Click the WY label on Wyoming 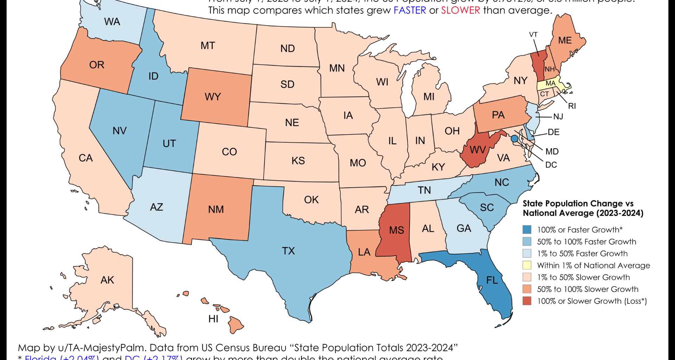tap(213, 97)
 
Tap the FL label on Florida tap(492, 280)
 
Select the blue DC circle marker tap(514, 139)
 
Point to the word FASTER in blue tap(410, 10)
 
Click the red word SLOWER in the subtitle tap(461, 10)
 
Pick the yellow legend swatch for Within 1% tap(527, 265)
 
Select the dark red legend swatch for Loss tap(527, 301)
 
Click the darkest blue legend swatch tap(527, 230)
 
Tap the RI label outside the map tap(572, 106)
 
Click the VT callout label tap(533, 34)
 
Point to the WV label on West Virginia tap(477, 150)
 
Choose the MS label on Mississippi tap(396, 230)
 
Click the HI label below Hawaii tap(213, 319)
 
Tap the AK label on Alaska tap(107, 280)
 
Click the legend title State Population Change tap(578, 204)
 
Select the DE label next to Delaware tap(553, 132)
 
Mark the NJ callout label tap(558, 117)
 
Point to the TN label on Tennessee tap(424, 190)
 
